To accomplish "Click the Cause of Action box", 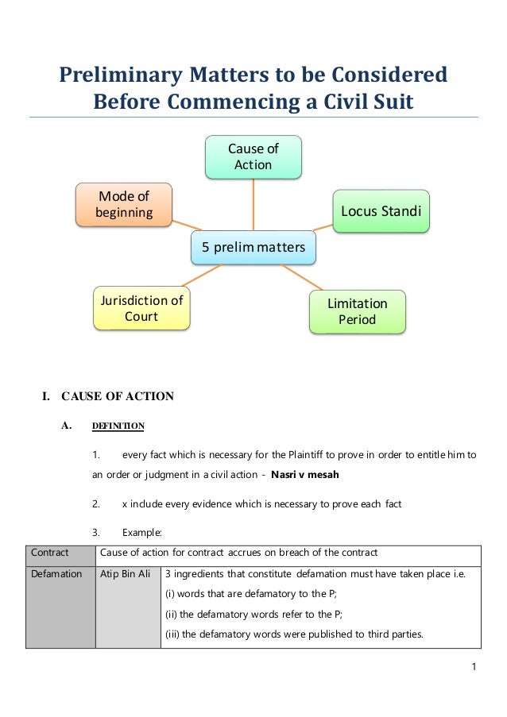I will pos(253,156).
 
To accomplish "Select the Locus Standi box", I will pos(381,210).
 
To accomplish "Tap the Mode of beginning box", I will pos(123,204).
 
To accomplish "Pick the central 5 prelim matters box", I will pos(253,248).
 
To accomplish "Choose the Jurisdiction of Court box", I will pos(141,308).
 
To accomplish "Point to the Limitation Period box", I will pos(357,311).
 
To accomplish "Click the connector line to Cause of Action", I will pos(253,205).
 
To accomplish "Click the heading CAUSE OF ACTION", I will pos(118,396).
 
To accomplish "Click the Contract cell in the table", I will pos(49,553).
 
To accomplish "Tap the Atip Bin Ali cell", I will pos(127,573).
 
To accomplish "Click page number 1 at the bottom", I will pos(474,666).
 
